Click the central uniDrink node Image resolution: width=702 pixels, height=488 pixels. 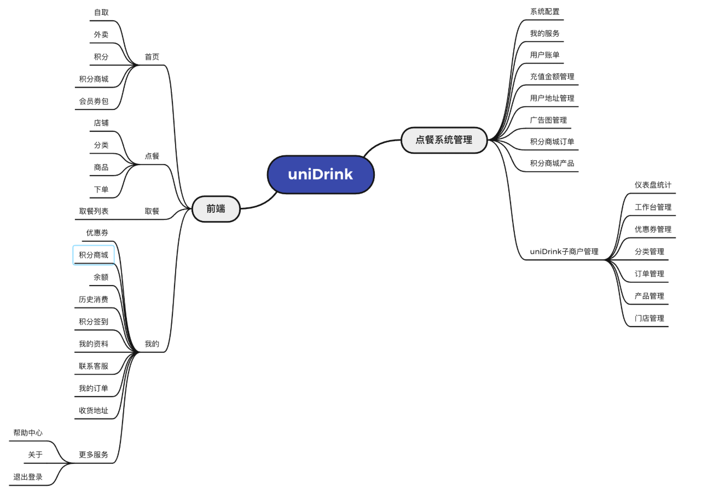coord(321,175)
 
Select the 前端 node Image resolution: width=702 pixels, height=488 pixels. coord(216,208)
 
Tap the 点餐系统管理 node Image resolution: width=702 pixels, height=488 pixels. coord(444,140)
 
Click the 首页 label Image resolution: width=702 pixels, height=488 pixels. coord(152,57)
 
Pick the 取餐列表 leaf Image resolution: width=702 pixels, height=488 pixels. coord(94,211)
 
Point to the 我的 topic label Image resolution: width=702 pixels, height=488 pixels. coord(152,344)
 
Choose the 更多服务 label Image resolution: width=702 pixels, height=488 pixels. coord(94,455)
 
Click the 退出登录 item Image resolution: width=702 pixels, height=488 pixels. coord(28,477)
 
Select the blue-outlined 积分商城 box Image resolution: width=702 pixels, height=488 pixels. coord(94,255)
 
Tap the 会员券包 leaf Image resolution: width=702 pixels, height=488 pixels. coord(94,101)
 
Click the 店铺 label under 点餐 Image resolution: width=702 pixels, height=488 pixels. coord(101,123)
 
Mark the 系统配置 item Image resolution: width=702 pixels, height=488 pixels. coord(544,11)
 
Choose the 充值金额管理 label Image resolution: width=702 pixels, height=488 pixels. coord(552,77)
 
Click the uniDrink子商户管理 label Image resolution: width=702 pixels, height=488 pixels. coord(564,252)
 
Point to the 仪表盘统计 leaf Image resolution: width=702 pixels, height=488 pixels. coord(653,185)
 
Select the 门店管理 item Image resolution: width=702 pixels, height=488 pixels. coord(649,318)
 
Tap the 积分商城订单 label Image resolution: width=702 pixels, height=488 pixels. coord(552,142)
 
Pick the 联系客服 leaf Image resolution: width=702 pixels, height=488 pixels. coord(94,366)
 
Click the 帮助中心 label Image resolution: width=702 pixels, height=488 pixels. coord(28,433)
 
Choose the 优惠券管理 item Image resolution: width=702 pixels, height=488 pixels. coord(653,229)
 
